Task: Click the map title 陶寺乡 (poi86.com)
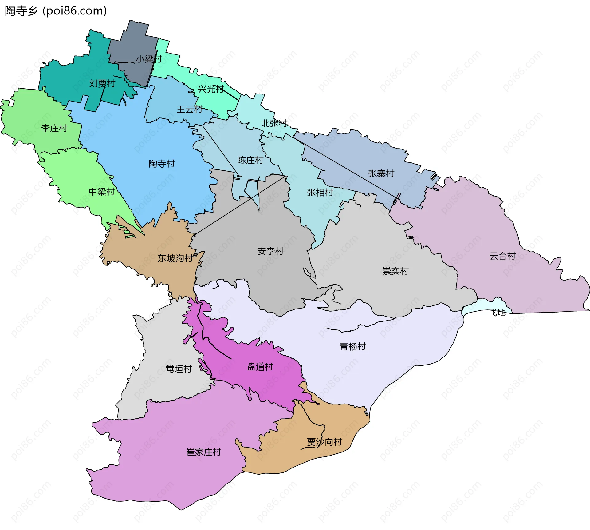click(56, 11)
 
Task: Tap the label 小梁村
click(149, 59)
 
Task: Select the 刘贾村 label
click(102, 83)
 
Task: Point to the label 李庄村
click(54, 128)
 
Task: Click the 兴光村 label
click(211, 89)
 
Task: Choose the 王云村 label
click(189, 109)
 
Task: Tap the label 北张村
click(274, 123)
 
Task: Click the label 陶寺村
click(162, 164)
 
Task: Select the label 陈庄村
click(250, 160)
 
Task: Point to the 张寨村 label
click(381, 173)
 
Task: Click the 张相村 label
click(320, 193)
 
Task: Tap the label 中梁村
click(102, 192)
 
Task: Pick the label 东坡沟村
click(175, 258)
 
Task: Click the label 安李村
click(270, 251)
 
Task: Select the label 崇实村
click(395, 271)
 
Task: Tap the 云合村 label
click(502, 256)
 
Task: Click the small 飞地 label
click(498, 313)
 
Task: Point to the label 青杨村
click(353, 346)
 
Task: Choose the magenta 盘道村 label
click(260, 367)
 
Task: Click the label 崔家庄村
click(204, 452)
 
